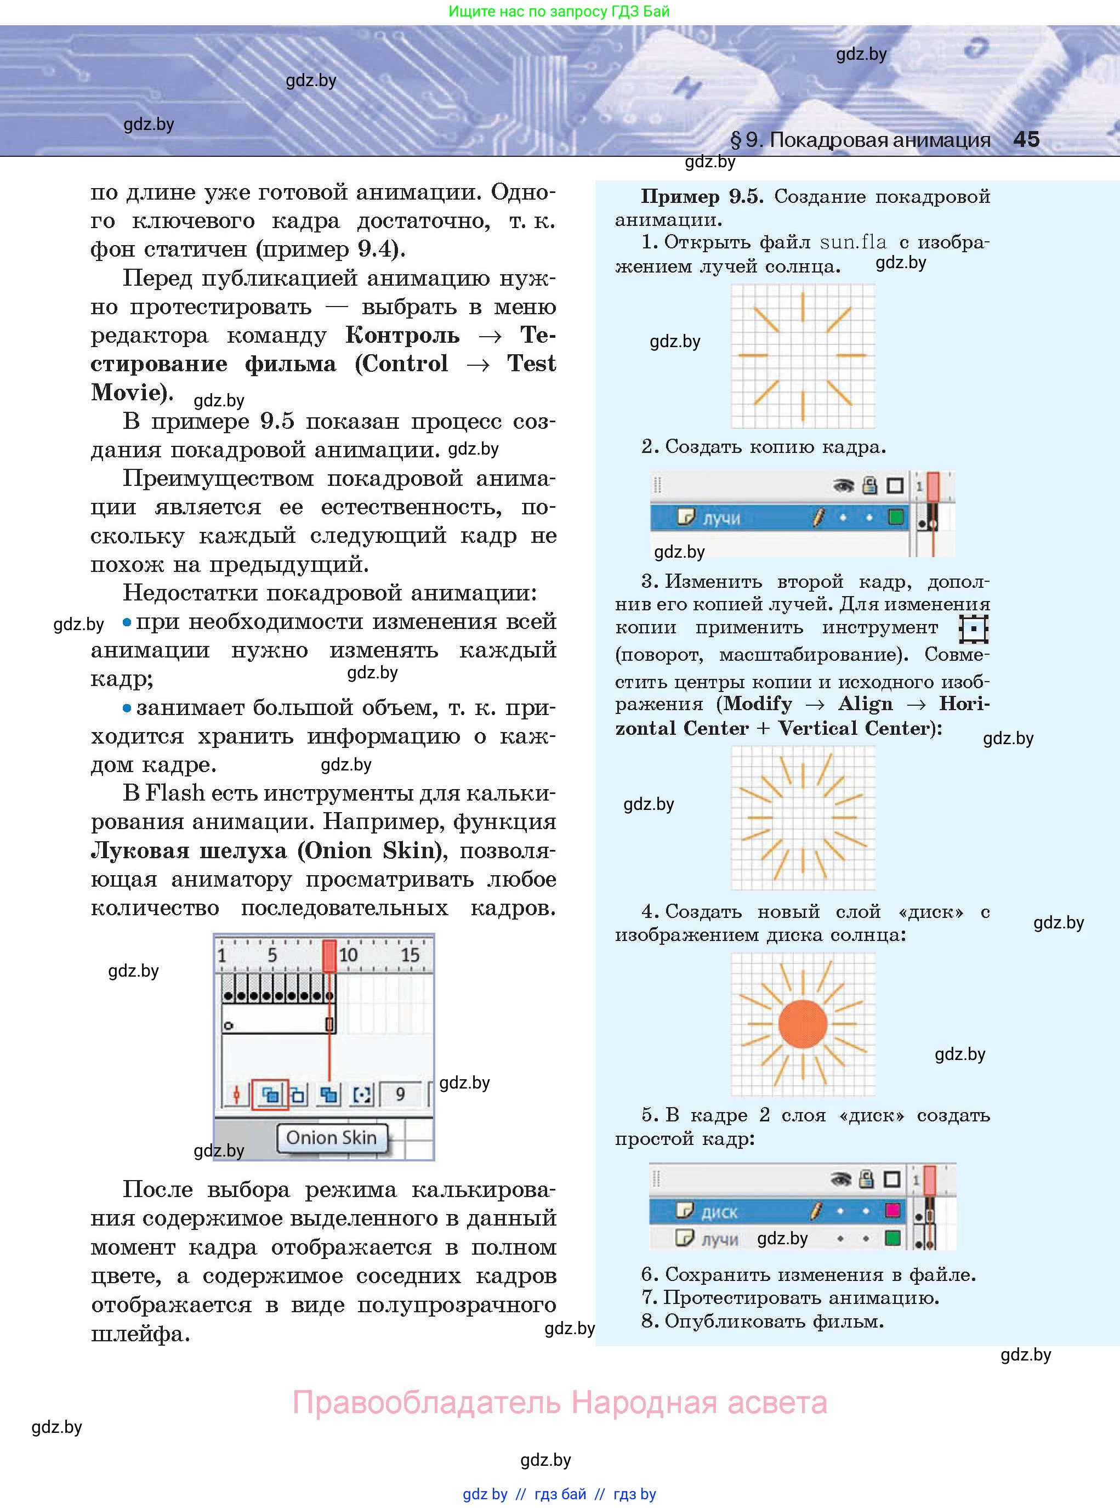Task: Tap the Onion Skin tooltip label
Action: point(331,1137)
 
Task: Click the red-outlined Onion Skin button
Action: point(270,1093)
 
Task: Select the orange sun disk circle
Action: point(803,1024)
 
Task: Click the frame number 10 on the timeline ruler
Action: point(349,955)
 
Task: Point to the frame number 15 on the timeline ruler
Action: point(410,955)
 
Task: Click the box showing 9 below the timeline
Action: point(400,1093)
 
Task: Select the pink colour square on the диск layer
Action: point(893,1210)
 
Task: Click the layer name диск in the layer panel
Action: point(719,1212)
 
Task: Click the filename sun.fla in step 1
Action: point(853,242)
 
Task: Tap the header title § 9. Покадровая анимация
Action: point(860,140)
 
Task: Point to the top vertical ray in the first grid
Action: point(803,307)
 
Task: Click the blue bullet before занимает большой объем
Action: point(127,708)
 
